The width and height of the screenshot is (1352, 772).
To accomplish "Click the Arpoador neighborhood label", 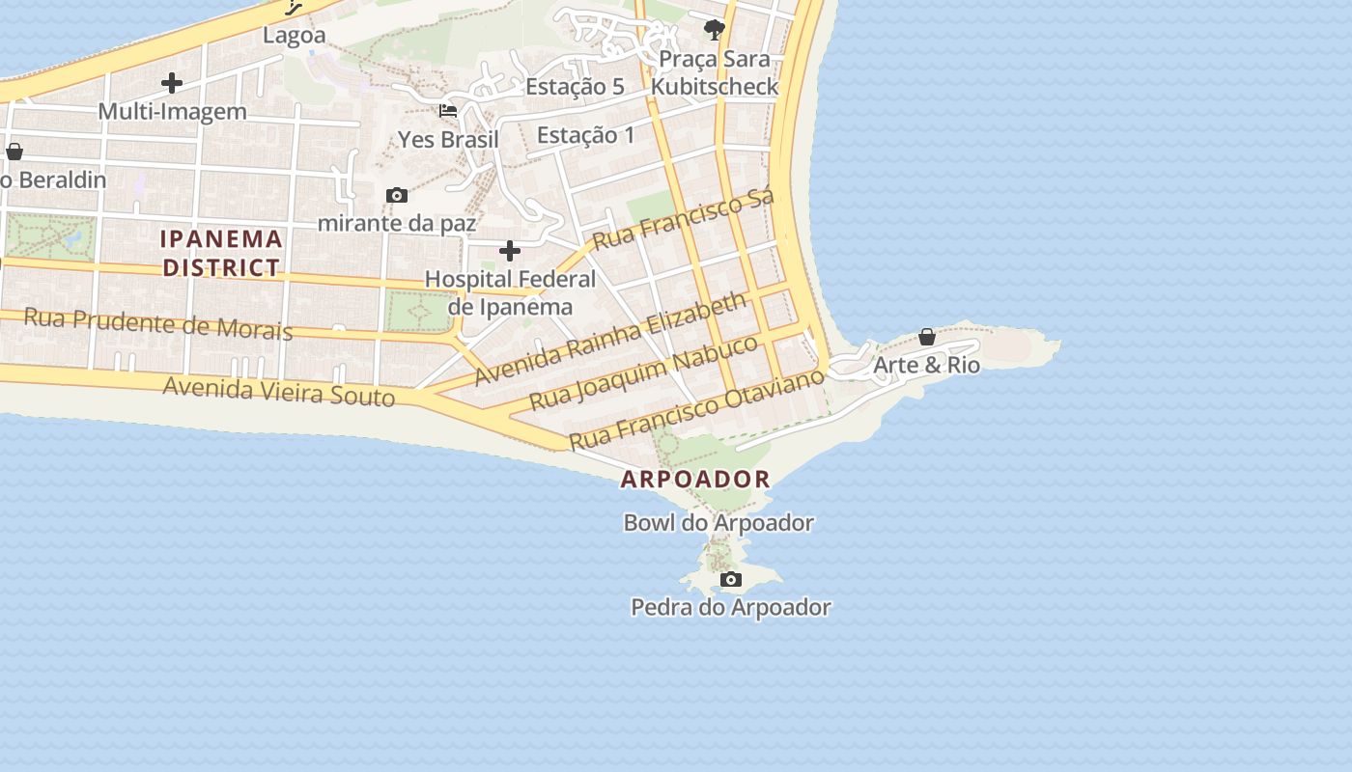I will [695, 479].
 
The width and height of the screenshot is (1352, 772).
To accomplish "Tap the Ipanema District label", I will [222, 253].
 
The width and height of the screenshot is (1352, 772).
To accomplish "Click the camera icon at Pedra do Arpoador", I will [731, 580].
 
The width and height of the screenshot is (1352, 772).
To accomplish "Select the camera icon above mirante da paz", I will [396, 196].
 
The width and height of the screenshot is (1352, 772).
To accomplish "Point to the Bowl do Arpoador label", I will [718, 523].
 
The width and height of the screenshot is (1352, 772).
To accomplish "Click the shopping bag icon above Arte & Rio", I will [927, 337].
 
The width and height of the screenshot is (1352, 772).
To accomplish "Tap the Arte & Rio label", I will [926, 365].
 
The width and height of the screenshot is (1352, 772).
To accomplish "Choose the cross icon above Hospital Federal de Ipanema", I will [510, 252].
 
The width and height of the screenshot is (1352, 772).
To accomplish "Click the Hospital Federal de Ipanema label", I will [511, 293].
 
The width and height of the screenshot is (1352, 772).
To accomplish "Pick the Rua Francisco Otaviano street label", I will [696, 409].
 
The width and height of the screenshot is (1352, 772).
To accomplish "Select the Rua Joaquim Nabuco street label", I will [644, 372].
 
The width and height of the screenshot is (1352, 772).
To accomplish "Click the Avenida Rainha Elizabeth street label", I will [610, 339].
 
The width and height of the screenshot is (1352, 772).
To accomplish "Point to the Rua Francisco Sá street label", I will [684, 220].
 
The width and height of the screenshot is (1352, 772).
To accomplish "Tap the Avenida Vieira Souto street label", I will [278, 391].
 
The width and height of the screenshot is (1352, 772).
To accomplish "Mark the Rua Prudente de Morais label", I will [157, 323].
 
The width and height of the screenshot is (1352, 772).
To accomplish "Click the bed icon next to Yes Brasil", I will [448, 111].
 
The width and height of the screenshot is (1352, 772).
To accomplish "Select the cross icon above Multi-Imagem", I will [172, 83].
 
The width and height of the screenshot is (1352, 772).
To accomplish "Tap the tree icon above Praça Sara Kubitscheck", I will [715, 30].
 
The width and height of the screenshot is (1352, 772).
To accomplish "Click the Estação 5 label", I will [575, 87].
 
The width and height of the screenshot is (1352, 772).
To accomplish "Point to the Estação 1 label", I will [586, 135].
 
